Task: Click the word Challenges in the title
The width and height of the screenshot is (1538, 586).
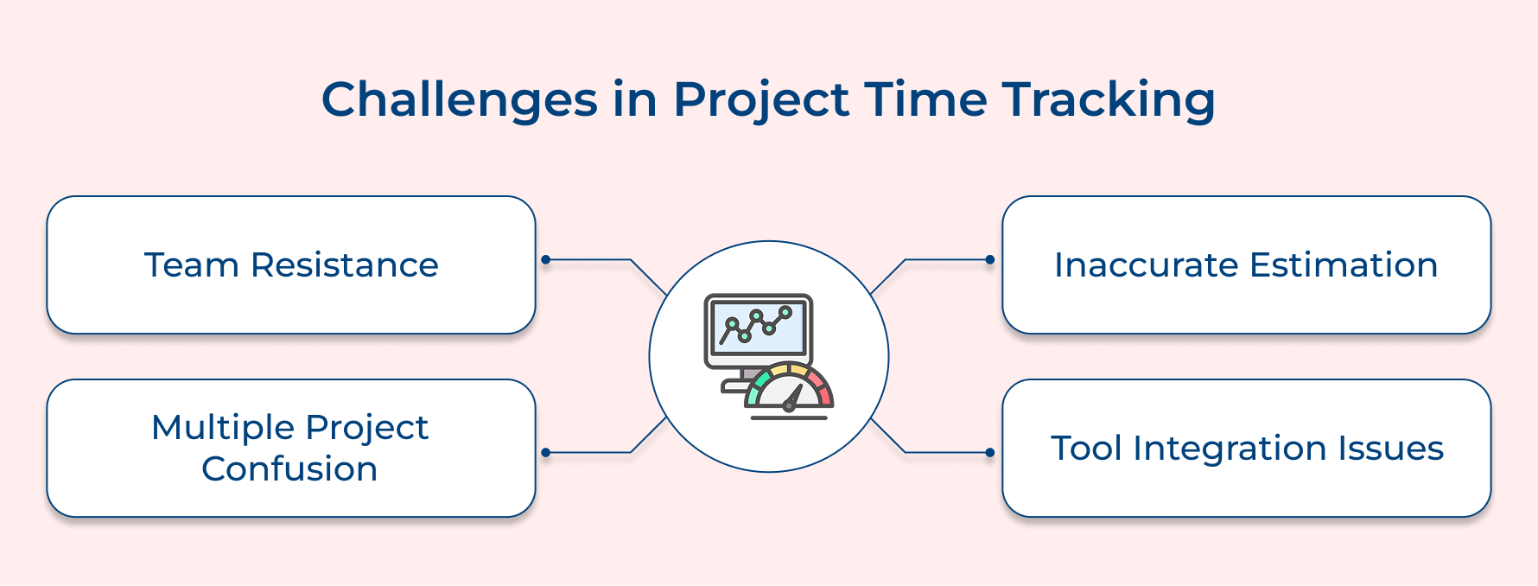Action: [x=459, y=99]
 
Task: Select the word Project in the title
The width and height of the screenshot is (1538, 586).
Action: [x=761, y=99]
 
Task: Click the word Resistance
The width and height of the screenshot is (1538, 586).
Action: [x=344, y=265]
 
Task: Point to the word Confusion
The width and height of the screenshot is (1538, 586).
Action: [x=289, y=469]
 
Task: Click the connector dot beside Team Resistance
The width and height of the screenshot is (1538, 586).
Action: [x=545, y=259]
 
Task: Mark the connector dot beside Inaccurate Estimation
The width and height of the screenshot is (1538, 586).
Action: [x=989, y=259]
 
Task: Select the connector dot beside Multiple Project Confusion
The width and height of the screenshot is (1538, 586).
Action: [x=545, y=452]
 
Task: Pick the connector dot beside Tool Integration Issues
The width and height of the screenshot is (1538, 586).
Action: [x=989, y=452]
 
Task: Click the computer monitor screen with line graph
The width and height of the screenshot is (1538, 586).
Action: [x=758, y=329]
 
